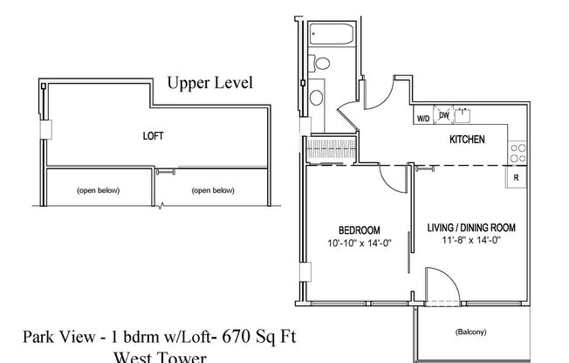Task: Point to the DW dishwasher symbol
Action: [444, 115]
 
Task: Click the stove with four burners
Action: [518, 154]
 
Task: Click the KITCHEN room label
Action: [467, 140]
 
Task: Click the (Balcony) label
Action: [471, 332]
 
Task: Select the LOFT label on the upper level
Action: [153, 137]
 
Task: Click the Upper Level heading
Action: [209, 85]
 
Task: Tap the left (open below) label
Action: [98, 189]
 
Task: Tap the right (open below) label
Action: [215, 189]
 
